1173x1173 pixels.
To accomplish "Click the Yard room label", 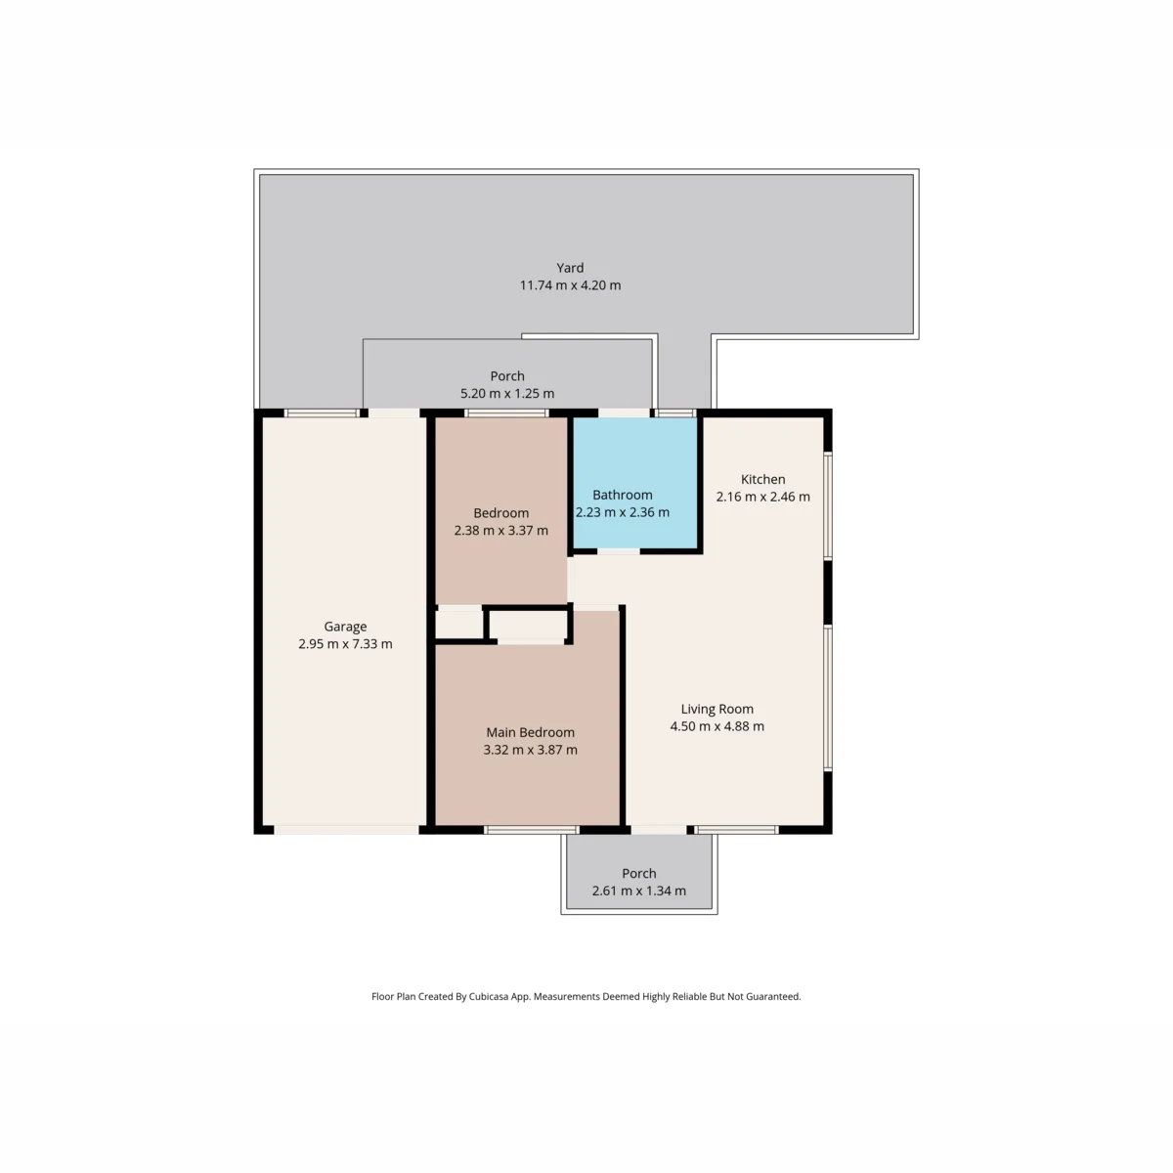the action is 570,268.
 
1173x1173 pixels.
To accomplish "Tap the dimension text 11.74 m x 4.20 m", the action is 570,284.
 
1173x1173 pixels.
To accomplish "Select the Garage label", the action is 345,627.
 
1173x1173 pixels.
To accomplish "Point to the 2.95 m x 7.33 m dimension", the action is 345,643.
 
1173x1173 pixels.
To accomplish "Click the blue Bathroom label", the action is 622,495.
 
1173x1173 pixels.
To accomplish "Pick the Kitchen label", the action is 762,479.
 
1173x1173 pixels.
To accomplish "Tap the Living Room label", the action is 717,709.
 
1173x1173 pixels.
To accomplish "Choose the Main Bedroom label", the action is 530,732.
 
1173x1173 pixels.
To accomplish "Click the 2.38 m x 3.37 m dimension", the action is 501,530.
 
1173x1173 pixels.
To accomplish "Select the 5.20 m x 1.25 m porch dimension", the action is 507,393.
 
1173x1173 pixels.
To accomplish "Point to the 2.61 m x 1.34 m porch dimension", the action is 639,891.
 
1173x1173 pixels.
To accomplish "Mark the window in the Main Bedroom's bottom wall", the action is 532,829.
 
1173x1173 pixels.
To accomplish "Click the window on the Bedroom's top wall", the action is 506,413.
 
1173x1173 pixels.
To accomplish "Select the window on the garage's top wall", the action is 322,413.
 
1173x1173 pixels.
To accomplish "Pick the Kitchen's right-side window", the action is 828,505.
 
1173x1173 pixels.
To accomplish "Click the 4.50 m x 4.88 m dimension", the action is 717,725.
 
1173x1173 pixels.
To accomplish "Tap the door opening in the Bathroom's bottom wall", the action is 618,551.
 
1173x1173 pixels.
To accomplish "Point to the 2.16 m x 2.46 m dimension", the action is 762,497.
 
